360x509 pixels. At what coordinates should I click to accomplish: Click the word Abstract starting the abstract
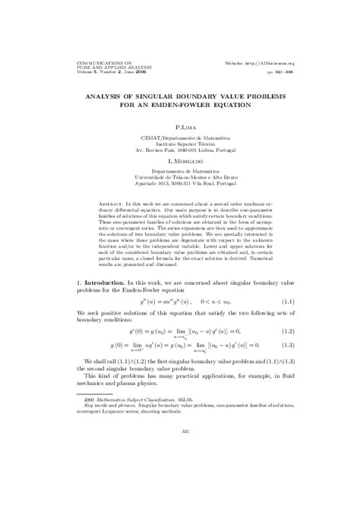tap(115, 205)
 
